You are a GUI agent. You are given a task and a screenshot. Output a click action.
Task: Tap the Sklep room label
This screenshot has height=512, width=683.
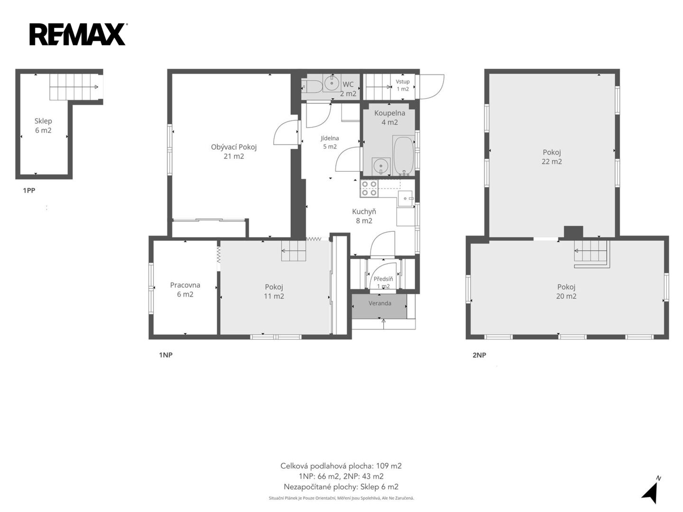43,126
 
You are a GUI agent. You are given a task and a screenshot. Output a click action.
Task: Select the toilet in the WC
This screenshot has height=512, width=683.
312,86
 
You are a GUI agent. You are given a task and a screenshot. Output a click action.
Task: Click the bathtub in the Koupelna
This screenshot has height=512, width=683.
404,156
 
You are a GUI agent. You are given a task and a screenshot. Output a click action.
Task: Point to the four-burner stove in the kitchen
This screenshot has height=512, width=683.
369,188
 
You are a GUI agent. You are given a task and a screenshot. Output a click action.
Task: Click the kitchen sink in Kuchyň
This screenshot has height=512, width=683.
405,199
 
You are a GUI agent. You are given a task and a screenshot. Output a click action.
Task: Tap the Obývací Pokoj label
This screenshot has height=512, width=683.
234,151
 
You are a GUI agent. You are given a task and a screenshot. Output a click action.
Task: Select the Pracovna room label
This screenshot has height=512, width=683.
185,289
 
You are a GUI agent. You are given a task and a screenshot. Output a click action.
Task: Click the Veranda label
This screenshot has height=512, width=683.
380,303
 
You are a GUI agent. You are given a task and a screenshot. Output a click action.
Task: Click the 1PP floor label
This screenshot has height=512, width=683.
29,190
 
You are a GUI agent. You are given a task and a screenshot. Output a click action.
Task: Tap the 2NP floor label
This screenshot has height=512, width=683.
479,355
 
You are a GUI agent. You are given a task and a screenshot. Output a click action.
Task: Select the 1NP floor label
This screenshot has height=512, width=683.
166,355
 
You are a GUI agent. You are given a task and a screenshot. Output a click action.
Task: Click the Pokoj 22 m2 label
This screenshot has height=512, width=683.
552,156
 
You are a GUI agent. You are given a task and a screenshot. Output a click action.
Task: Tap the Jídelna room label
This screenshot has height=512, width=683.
330,142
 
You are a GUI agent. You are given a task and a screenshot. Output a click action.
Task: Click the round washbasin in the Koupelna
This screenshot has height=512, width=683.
380,166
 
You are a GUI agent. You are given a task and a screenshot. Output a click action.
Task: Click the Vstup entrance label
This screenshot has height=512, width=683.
403,85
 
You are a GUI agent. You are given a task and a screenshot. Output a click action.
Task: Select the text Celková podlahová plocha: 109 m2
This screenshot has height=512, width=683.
341,466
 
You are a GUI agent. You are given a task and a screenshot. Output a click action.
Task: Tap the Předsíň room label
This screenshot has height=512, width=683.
383,283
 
